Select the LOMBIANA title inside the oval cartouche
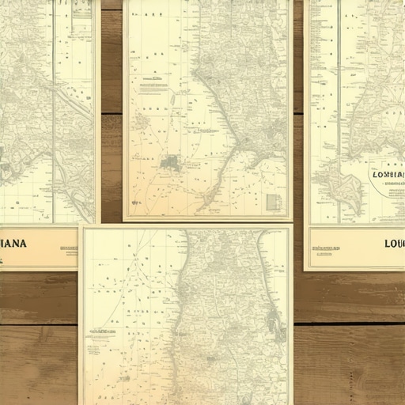coord(388,175)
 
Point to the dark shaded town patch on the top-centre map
coord(170,163)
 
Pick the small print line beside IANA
coord(68,248)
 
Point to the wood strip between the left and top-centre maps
coord(112,111)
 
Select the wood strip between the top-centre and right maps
coord(298,111)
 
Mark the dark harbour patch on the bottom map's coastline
coord(274,320)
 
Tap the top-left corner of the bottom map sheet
coord(81,226)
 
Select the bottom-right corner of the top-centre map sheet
coord(291,220)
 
